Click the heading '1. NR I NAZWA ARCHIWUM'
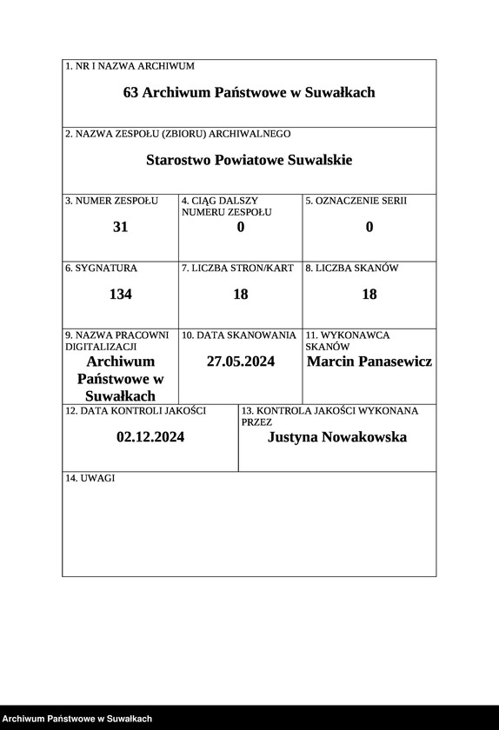click(x=130, y=66)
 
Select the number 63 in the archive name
click(x=131, y=92)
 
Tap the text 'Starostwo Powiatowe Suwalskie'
click(x=249, y=160)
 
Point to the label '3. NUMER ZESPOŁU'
click(x=111, y=201)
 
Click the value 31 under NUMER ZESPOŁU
click(x=121, y=227)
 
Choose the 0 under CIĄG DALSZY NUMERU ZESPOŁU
click(x=241, y=227)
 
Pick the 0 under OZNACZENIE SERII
click(x=369, y=227)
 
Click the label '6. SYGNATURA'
click(x=101, y=269)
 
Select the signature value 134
click(x=121, y=294)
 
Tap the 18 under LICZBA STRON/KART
click(x=241, y=294)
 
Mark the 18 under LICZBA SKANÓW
click(x=369, y=294)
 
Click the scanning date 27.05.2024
click(x=241, y=362)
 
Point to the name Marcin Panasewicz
click(x=369, y=362)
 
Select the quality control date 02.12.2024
click(x=150, y=437)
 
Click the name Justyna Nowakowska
click(x=337, y=437)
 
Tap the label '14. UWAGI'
click(x=90, y=479)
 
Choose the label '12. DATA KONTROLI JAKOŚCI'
click(x=136, y=410)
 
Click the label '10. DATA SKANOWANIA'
click(x=239, y=335)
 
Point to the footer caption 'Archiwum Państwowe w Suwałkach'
click(x=77, y=719)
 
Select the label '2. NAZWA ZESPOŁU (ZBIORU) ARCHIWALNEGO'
click(x=178, y=134)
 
